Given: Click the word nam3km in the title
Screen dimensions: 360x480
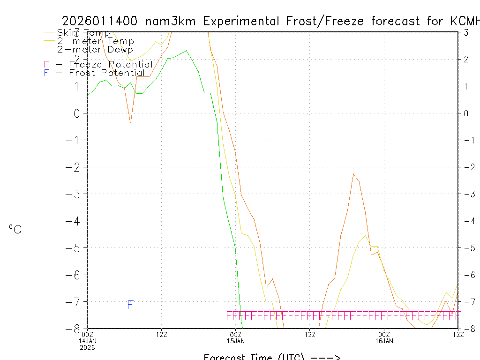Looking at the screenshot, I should coord(172,22).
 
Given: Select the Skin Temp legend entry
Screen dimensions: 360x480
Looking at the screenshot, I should coord(83,33).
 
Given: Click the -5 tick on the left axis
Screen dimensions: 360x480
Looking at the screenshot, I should coord(75,247).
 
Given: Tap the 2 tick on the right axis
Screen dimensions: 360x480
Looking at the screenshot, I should coord(466,59).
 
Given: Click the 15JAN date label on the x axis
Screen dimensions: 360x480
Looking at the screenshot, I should coord(236,341).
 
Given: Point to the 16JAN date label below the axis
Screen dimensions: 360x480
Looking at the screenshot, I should coord(384,341).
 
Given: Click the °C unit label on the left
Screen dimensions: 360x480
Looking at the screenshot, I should coord(15,230).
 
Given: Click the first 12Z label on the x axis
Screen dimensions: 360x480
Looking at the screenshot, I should coord(162,334).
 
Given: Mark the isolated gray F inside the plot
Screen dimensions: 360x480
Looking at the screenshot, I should coord(130,305).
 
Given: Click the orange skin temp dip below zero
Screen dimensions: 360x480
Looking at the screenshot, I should coord(130,122).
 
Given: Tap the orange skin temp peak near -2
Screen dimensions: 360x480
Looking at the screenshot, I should coord(353,174).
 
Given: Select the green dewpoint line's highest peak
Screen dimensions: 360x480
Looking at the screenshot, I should coord(186,51).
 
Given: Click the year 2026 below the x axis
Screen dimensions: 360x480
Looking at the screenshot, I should coord(88,347).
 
